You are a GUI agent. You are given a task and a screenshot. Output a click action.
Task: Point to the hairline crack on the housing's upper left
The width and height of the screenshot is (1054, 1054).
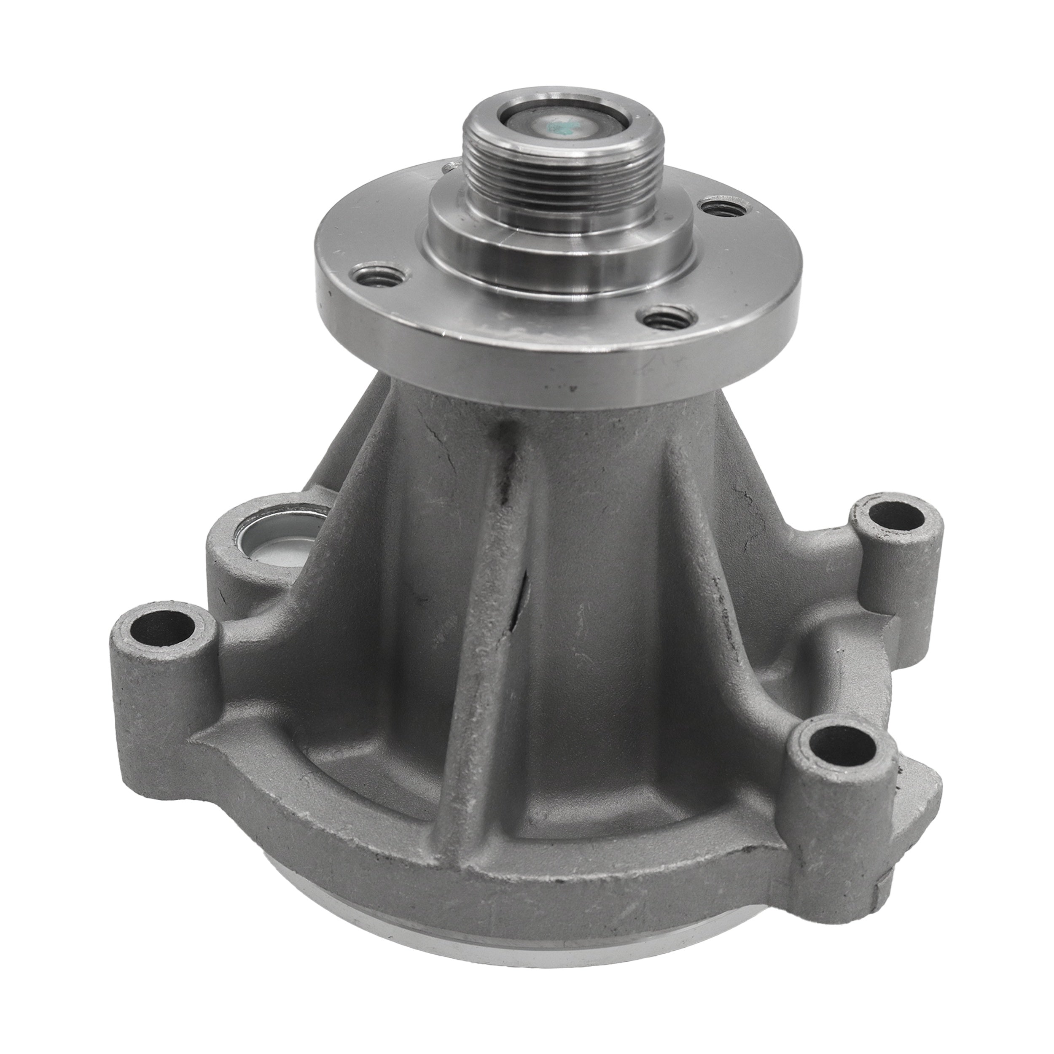tap(436, 436)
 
